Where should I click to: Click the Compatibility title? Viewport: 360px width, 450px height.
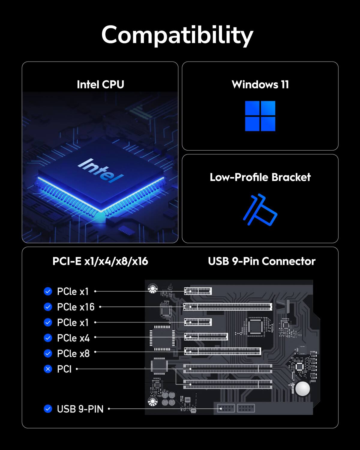click(177, 35)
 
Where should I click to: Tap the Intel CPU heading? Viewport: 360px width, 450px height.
click(100, 85)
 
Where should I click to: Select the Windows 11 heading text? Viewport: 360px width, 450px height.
click(260, 85)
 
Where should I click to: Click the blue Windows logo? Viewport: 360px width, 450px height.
click(260, 116)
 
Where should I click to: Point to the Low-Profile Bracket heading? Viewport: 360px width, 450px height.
click(260, 177)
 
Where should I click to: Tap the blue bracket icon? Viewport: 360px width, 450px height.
click(260, 210)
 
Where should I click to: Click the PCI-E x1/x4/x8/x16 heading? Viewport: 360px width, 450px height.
click(100, 261)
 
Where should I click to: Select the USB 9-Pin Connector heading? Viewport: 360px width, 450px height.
click(262, 261)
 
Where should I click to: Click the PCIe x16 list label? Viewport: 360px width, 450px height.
click(76, 307)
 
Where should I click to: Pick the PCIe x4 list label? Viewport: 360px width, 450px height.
click(73, 338)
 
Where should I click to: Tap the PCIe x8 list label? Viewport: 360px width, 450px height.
click(73, 354)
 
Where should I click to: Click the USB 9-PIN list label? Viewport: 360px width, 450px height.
click(80, 409)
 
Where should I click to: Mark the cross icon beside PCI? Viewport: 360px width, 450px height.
click(48, 369)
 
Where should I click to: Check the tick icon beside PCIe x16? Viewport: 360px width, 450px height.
click(48, 307)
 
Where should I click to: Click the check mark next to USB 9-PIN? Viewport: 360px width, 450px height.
click(48, 409)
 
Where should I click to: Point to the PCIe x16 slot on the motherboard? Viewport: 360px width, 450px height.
click(228, 307)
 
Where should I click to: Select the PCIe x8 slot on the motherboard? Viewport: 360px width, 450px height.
click(222, 351)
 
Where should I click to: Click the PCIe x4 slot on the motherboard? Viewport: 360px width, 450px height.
click(206, 337)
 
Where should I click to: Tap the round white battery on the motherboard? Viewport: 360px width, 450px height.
click(302, 389)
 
